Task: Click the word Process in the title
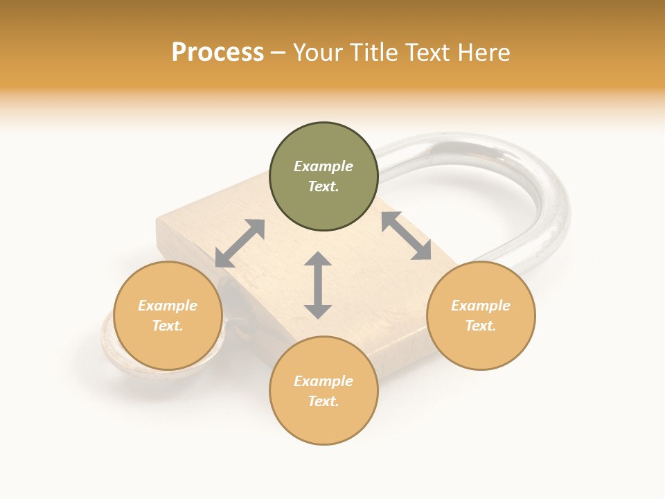(x=218, y=53)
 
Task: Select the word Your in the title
(x=316, y=53)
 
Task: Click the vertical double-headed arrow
(x=318, y=285)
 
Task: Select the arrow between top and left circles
(x=240, y=243)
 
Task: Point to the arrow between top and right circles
(x=407, y=236)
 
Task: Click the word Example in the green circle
(x=323, y=166)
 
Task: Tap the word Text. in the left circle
(x=168, y=326)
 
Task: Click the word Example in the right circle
(x=481, y=306)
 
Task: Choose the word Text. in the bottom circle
(x=323, y=401)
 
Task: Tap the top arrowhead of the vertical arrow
(x=318, y=259)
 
